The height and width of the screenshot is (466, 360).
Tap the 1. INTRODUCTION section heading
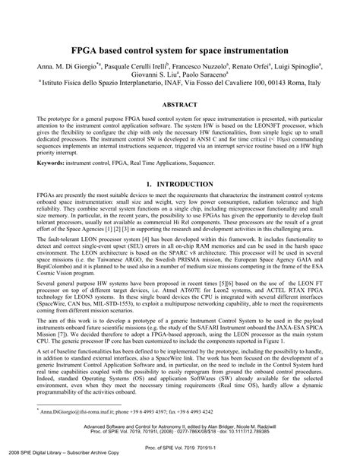click(x=180, y=185)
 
